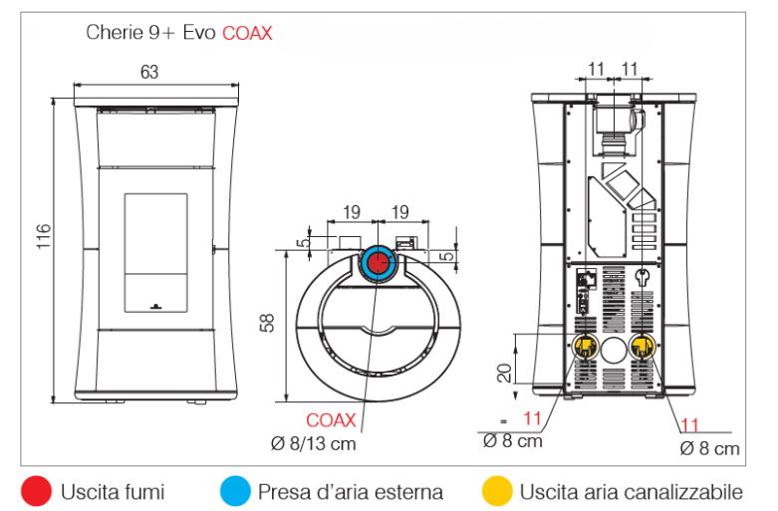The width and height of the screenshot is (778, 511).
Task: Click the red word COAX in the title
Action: (x=247, y=33)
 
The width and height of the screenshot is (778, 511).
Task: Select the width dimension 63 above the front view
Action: (x=148, y=72)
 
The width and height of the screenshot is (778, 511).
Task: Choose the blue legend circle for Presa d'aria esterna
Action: (x=235, y=491)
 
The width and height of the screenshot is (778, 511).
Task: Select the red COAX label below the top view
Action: (x=331, y=420)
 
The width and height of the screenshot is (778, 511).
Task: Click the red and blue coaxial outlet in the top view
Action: (x=379, y=263)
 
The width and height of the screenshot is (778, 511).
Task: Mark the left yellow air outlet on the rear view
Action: (x=584, y=348)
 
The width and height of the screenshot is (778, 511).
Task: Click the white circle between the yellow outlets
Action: (x=613, y=348)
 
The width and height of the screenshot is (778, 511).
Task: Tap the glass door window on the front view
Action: (x=154, y=247)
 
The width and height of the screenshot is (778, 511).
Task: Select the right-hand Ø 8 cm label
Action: (x=709, y=449)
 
